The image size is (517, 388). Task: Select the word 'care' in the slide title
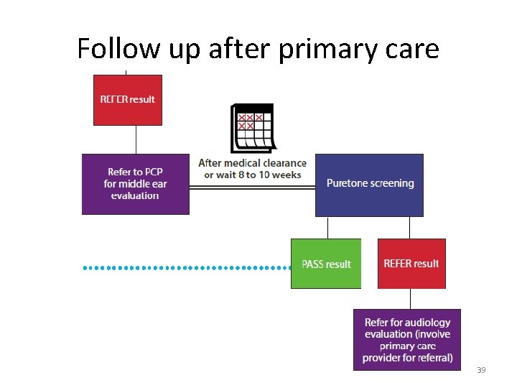[x=411, y=49]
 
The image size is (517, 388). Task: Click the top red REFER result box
[x=127, y=99]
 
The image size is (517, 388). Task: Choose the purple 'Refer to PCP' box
[x=135, y=184]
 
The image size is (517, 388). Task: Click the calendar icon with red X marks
[x=252, y=128]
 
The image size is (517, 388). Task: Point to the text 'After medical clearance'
[x=252, y=163]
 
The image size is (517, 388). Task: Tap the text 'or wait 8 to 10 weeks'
[x=252, y=175]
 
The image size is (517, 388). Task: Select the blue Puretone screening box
[x=369, y=185]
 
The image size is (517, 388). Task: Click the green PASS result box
[x=326, y=264]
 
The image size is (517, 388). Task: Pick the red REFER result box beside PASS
[x=411, y=264]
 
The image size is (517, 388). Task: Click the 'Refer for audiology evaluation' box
[x=407, y=340]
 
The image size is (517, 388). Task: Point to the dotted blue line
[x=187, y=267]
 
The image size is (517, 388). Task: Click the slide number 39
[x=481, y=370]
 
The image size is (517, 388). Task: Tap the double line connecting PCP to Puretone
[x=252, y=187]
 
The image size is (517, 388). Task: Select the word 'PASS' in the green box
[x=314, y=264]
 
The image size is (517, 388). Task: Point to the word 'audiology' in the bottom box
[x=427, y=323]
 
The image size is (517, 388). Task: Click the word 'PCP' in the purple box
[x=153, y=172]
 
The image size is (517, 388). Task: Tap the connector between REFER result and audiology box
[x=411, y=299]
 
